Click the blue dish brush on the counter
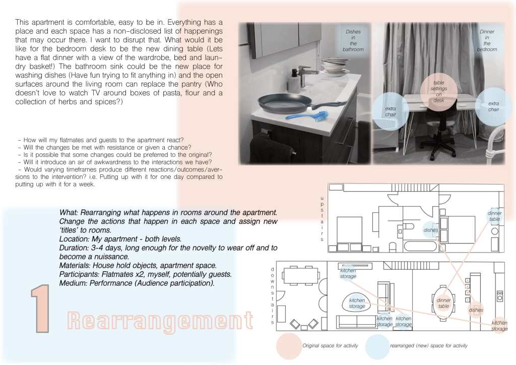point(307,115)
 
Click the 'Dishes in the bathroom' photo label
point(353,40)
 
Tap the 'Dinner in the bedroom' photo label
point(487,40)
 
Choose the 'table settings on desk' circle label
point(439,91)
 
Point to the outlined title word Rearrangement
point(160,321)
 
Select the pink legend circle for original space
point(289,346)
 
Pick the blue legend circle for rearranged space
point(377,346)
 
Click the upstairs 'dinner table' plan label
point(494,216)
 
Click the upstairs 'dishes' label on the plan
point(431,230)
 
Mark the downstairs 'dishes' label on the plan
point(476,310)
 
